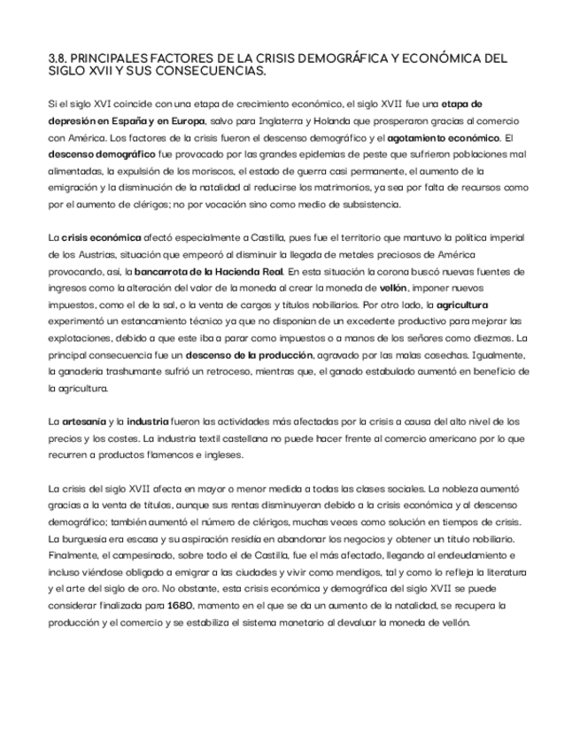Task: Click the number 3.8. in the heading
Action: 58,59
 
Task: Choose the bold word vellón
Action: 393,288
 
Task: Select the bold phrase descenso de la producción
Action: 236,354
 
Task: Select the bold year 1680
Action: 181,606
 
